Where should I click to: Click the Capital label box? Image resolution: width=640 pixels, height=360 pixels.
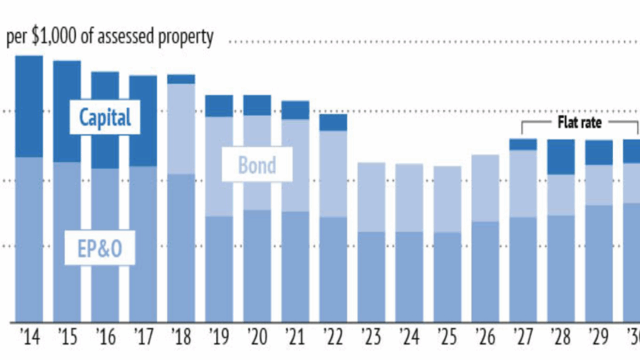(x=104, y=118)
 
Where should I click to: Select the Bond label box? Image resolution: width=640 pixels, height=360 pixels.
(x=257, y=165)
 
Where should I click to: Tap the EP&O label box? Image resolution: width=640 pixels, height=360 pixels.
(x=99, y=248)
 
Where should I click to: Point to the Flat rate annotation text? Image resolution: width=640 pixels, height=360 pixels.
(x=579, y=123)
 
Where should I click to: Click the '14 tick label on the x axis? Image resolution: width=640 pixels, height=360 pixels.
(x=29, y=336)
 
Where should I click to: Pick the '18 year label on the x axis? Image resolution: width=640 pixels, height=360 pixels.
(x=181, y=336)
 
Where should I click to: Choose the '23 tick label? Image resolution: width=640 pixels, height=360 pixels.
(x=371, y=336)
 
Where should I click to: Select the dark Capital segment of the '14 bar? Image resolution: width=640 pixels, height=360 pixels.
(x=30, y=106)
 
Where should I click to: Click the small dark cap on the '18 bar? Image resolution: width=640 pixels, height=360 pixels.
(x=182, y=79)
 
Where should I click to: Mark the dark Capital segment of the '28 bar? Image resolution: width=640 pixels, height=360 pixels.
(x=562, y=157)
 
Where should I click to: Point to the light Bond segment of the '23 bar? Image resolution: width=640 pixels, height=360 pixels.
(x=371, y=197)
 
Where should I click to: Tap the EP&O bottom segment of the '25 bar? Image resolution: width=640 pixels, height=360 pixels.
(x=447, y=276)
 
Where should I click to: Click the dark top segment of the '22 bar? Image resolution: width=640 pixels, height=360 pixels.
(x=334, y=122)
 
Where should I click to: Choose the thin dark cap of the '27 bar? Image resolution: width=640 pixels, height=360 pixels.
(x=523, y=144)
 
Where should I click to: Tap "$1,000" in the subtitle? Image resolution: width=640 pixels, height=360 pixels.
(x=63, y=38)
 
